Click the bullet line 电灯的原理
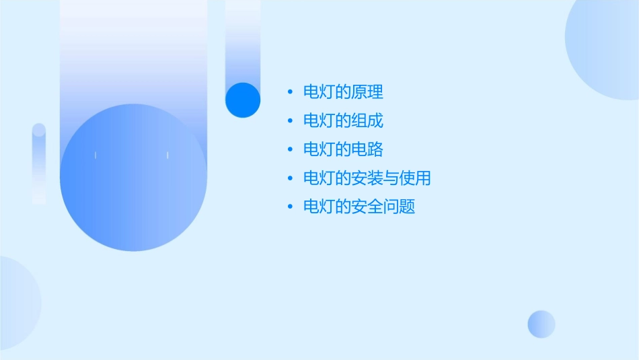coord(343,92)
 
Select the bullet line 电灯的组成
coord(343,121)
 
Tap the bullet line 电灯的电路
coord(343,149)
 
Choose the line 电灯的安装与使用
coord(367,178)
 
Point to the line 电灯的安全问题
coord(359,207)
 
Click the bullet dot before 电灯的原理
coord(290,92)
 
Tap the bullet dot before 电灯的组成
coord(290,121)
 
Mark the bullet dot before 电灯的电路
coord(290,149)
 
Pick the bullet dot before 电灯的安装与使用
coord(290,178)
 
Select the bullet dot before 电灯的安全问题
coord(290,207)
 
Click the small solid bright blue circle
coord(243,100)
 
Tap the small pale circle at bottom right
coord(541,324)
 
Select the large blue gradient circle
coord(133,178)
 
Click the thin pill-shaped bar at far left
coord(39,164)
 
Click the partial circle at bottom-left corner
coord(17,303)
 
